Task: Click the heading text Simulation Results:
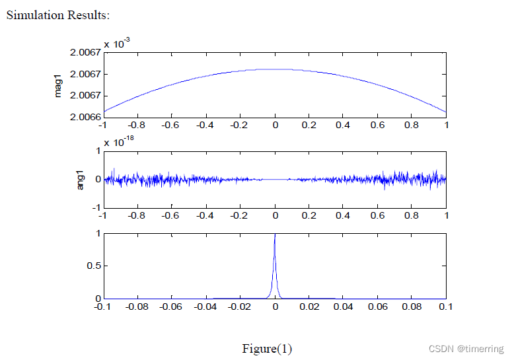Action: point(58,15)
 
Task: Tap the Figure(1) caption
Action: point(266,348)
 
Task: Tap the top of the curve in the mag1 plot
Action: point(274,69)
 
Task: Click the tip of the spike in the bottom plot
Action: point(275,234)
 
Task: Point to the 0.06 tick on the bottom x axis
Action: point(377,306)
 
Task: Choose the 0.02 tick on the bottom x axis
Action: point(309,306)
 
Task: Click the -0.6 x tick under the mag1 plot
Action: point(171,124)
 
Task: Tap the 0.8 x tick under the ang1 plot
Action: point(412,215)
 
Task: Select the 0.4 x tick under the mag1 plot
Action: point(343,124)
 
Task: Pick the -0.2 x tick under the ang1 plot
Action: point(240,215)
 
